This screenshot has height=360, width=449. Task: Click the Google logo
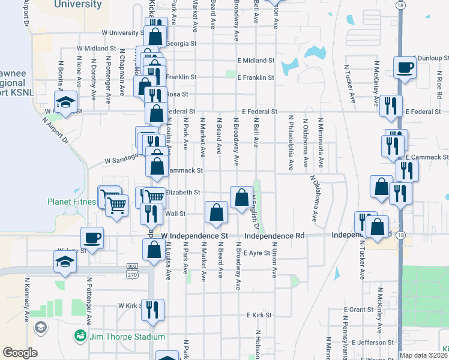[20, 353]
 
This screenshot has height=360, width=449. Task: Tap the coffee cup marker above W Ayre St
[92, 237]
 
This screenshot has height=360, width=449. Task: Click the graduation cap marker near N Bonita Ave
[66, 101]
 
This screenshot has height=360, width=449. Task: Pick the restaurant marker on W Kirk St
[152, 310]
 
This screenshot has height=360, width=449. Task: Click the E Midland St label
[256, 61]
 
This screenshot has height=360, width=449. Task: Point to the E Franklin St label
[256, 77]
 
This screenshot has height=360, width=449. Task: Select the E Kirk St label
[259, 314]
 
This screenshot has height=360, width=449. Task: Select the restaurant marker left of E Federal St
[391, 106]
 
